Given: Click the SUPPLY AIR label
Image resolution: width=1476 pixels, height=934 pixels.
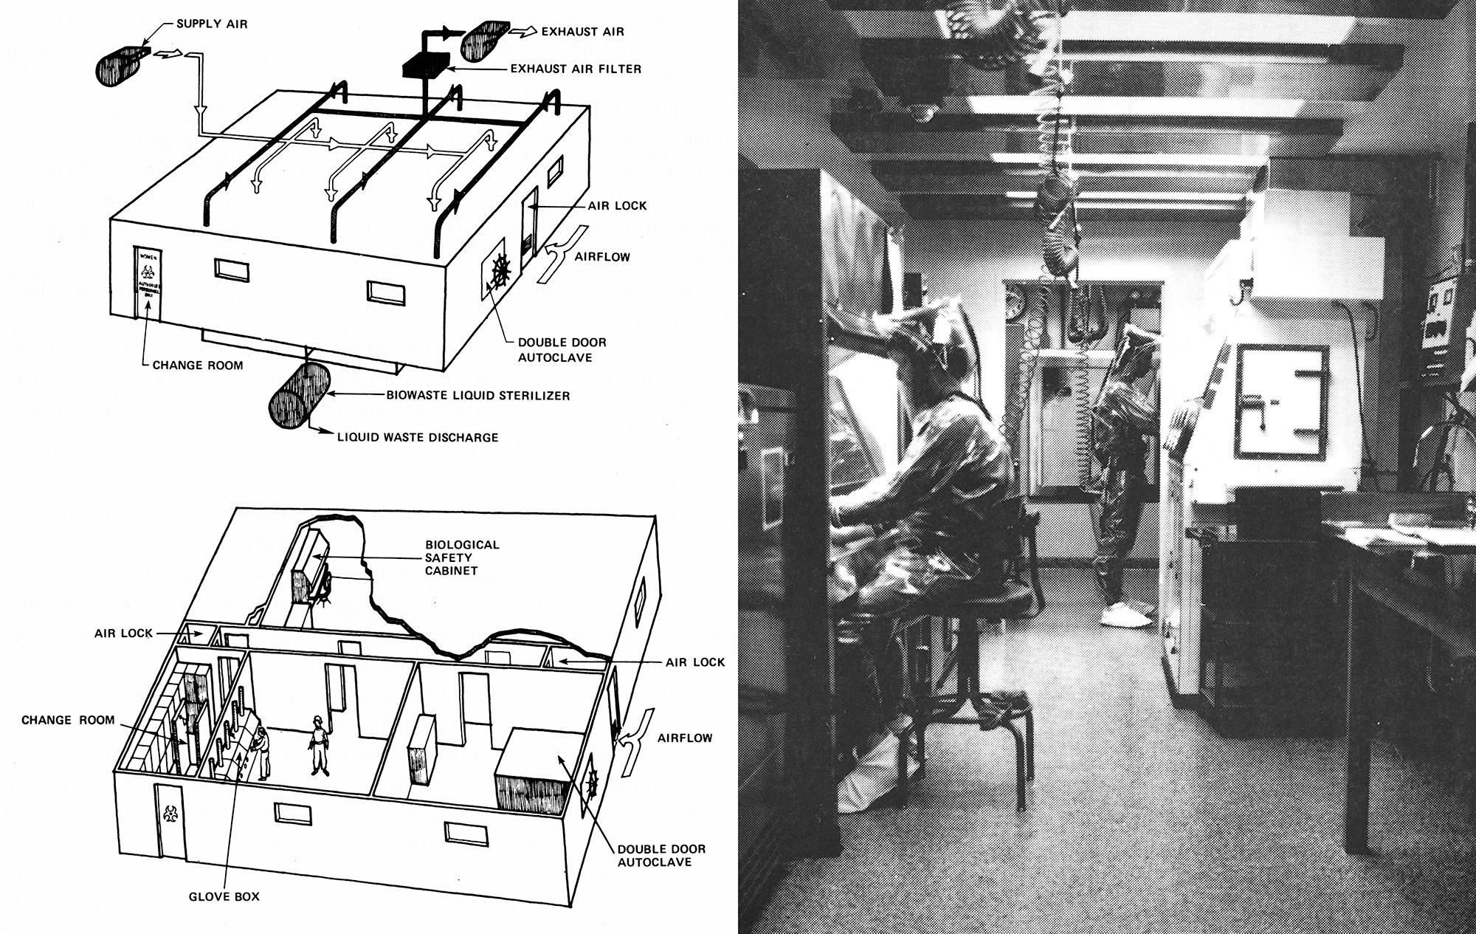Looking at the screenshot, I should point(212,24).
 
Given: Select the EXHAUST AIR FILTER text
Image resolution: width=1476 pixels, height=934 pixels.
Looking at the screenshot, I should point(576,69).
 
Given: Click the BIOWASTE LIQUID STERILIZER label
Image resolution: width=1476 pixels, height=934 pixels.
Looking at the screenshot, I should point(478,396).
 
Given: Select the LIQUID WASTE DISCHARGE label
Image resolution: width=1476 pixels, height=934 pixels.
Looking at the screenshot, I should point(418,437).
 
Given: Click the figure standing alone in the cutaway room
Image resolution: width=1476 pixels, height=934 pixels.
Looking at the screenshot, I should point(319,745).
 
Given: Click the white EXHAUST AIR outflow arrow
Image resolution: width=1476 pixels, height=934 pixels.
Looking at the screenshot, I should point(525,32).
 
